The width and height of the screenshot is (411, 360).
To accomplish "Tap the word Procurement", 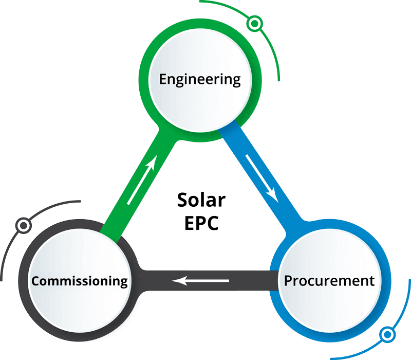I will [x=329, y=281].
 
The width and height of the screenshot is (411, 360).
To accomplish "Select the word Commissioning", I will [x=79, y=281].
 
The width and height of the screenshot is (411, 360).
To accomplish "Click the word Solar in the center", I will [x=201, y=200].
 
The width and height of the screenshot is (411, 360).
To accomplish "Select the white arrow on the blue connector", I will [x=263, y=177].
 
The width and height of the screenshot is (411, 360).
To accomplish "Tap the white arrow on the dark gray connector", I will [x=200, y=281].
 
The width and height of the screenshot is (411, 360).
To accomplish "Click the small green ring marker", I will [x=254, y=24].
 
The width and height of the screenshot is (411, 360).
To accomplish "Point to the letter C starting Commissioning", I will [x=35, y=281].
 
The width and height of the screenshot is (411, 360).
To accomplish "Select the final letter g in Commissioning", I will [x=123, y=282].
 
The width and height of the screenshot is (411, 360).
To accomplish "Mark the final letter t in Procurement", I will [x=372, y=281].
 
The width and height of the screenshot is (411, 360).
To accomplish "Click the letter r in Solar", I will [x=222, y=201].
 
